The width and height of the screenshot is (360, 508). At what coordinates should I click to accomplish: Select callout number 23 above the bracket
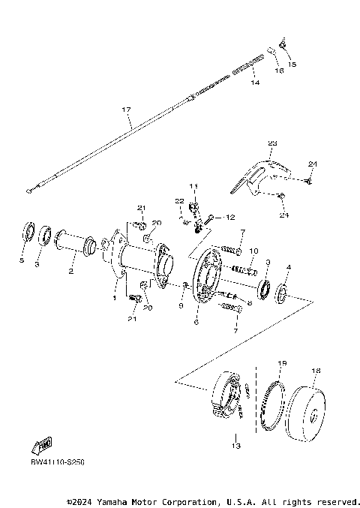click(x=272, y=143)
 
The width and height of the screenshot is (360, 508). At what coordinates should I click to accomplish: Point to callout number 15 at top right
click(x=292, y=65)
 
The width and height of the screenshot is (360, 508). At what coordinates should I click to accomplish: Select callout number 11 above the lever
click(x=193, y=185)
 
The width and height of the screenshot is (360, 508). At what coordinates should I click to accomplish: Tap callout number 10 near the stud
click(x=253, y=251)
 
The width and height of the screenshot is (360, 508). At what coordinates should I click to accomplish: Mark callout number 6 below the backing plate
click(x=196, y=322)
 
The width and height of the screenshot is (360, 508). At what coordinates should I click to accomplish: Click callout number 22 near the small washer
click(x=180, y=201)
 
